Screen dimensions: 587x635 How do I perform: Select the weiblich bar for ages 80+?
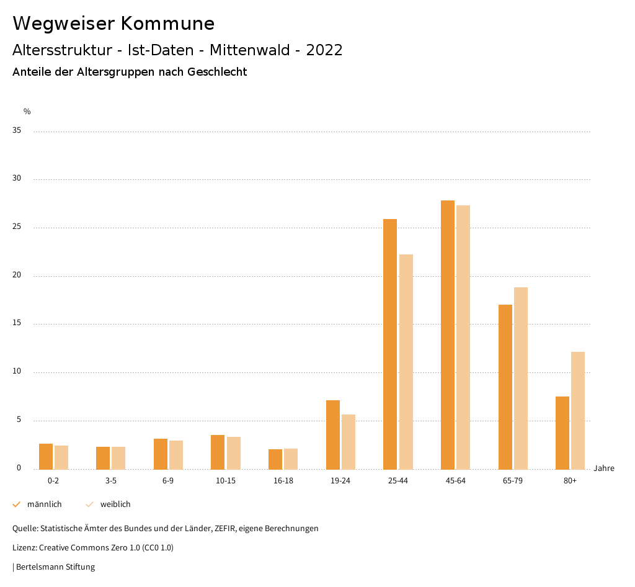click(x=578, y=410)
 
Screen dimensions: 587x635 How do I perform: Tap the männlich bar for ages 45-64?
click(x=448, y=334)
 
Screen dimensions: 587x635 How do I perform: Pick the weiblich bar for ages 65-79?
click(x=521, y=378)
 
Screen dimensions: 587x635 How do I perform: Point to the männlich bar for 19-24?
click(x=333, y=434)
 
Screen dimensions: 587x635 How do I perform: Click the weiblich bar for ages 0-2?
click(x=61, y=457)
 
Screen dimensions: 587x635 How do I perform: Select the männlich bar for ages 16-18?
click(x=275, y=459)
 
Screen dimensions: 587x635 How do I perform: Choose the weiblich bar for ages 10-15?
click(x=234, y=453)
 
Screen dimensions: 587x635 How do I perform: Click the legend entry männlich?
click(x=44, y=504)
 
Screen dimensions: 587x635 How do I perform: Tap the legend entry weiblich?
click(x=115, y=504)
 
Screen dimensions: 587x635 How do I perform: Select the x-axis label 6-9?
click(x=168, y=482)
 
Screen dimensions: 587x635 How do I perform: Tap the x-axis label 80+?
click(x=570, y=482)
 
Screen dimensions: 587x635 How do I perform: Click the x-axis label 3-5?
click(x=111, y=482)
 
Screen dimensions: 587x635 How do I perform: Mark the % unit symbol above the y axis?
click(x=27, y=112)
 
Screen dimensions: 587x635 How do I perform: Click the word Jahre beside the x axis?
click(x=603, y=468)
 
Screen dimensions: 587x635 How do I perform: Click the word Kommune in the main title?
click(x=167, y=24)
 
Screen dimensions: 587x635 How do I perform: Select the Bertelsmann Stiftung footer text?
click(x=55, y=567)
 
